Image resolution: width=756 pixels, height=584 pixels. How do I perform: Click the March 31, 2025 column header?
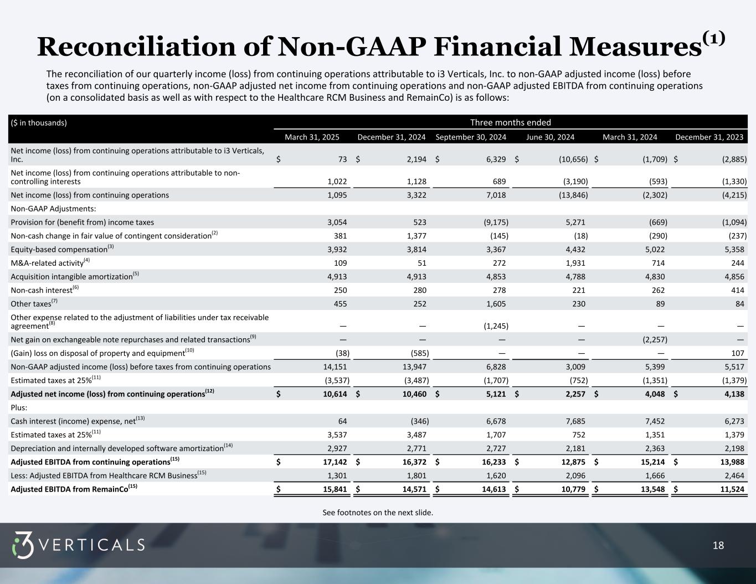click(312, 137)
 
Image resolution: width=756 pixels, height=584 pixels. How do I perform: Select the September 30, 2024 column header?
click(471, 137)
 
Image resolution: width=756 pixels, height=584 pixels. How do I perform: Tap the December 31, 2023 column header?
click(709, 137)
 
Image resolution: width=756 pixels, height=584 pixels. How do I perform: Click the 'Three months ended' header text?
click(510, 122)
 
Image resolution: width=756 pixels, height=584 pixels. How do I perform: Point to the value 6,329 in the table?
click(495, 159)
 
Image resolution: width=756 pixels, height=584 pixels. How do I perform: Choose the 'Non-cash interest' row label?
click(42, 290)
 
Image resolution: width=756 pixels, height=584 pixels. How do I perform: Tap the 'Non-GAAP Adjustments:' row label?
click(53, 209)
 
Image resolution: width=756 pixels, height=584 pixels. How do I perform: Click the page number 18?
click(718, 546)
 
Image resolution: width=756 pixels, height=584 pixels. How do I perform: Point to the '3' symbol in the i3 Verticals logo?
click(23, 545)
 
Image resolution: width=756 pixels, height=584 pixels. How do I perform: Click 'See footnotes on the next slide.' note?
click(378, 513)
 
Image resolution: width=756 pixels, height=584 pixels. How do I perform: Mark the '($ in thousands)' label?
click(38, 123)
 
